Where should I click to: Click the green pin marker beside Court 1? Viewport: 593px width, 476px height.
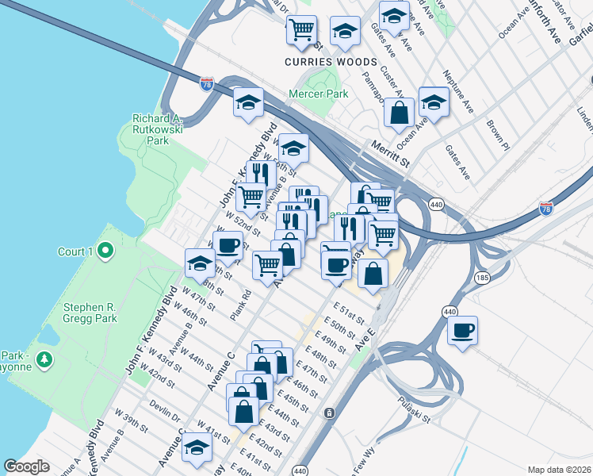pos(104,251)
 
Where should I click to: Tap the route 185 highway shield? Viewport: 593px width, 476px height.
pos(482,278)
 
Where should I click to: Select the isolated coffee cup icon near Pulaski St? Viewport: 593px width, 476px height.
pos(462,330)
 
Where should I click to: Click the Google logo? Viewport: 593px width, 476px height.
pos(26,466)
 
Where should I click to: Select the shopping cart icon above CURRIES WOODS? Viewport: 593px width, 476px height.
pos(301,31)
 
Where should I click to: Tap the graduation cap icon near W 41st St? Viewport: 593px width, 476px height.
pos(196,448)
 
